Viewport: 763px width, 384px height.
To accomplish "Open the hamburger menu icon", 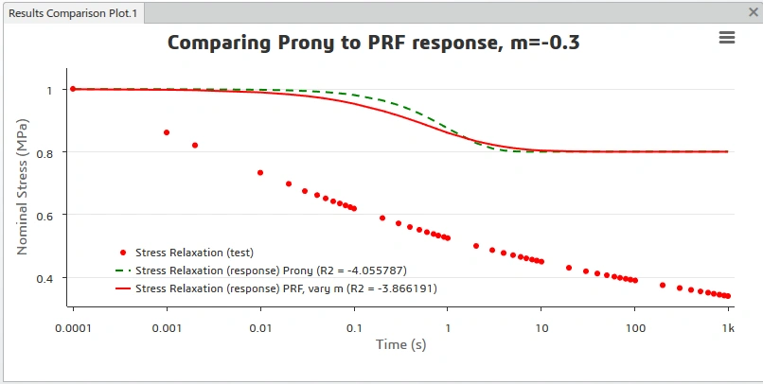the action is [x=726, y=38].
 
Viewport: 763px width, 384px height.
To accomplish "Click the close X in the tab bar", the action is [x=754, y=12].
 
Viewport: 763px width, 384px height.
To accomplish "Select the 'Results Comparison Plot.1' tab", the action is [x=73, y=13].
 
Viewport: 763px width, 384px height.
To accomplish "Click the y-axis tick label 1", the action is [x=49, y=91].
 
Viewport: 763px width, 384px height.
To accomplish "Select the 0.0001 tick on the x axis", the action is [x=73, y=328].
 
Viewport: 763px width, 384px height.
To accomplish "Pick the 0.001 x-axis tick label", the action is [x=167, y=328].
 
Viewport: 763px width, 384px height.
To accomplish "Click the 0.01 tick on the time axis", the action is [x=260, y=328].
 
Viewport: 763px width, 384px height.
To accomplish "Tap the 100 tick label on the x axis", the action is [x=635, y=328].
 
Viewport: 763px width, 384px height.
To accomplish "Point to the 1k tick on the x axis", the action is [x=728, y=328].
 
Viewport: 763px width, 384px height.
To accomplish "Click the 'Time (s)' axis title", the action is [x=401, y=344].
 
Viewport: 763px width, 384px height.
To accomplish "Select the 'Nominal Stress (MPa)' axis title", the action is [x=22, y=187].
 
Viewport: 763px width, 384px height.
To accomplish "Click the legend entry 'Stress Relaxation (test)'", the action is [x=194, y=253].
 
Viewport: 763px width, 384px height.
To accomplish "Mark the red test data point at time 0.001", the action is [x=167, y=132].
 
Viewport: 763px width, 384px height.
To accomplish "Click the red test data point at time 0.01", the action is [x=260, y=172].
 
